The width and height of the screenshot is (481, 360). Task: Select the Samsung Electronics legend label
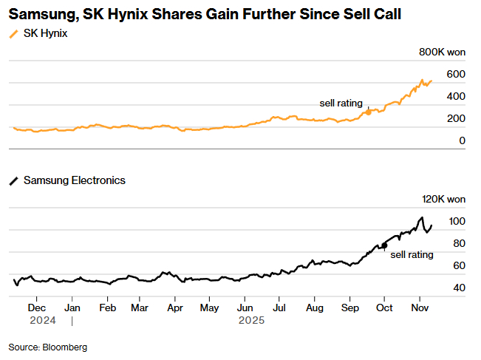(x=75, y=180)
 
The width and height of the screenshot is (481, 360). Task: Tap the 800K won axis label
(x=442, y=52)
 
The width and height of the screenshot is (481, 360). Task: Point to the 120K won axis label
(x=443, y=200)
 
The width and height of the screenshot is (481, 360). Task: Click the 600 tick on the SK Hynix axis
(x=455, y=74)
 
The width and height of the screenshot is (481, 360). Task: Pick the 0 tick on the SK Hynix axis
(x=462, y=140)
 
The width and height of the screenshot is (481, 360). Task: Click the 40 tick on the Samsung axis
(x=458, y=288)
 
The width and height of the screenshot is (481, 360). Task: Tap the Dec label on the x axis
(x=37, y=307)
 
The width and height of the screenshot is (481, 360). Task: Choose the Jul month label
(x=280, y=307)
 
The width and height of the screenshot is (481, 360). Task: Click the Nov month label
(x=420, y=307)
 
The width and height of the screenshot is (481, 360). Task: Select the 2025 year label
(x=251, y=321)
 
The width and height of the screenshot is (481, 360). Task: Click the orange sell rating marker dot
(x=369, y=112)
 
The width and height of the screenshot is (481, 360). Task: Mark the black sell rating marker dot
(x=384, y=244)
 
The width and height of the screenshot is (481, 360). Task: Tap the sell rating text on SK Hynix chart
(x=341, y=103)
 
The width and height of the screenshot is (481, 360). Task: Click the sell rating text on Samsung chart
(x=412, y=254)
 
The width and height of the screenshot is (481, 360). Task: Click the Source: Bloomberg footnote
(x=48, y=347)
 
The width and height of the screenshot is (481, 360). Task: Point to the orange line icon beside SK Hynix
(x=13, y=35)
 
